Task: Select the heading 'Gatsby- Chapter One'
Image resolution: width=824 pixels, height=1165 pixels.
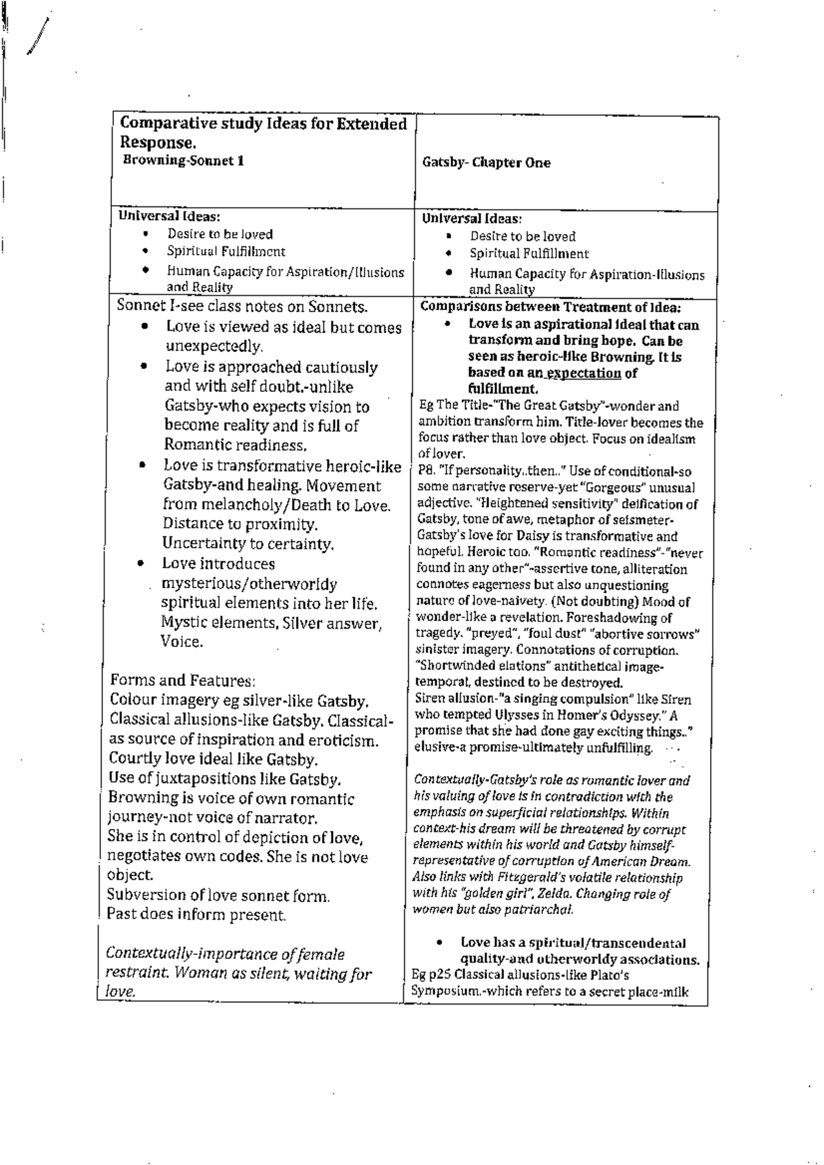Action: click(486, 163)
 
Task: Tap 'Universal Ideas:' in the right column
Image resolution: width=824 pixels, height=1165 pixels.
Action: click(472, 219)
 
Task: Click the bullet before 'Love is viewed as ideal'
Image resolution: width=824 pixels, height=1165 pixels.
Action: click(145, 327)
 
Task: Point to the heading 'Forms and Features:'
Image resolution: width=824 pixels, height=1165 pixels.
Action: click(183, 681)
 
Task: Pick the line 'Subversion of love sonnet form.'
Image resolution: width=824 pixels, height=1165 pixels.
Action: click(218, 895)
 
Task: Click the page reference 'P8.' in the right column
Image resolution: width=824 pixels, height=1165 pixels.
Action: click(426, 471)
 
